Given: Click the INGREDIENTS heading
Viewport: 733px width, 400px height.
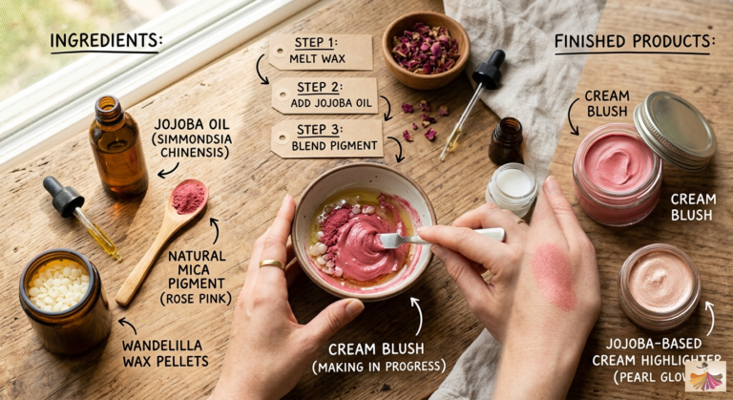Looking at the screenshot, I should (105, 41).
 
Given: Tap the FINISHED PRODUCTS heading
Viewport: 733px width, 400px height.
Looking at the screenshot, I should (635, 41).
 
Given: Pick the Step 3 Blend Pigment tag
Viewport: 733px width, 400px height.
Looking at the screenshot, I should (326, 137).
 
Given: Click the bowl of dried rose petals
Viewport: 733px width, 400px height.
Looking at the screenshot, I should (426, 50).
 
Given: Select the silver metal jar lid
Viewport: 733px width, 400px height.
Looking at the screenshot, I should (675, 129).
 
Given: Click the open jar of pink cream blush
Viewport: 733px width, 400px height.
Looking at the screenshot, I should (617, 172).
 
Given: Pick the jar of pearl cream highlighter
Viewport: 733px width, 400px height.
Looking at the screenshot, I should (660, 284).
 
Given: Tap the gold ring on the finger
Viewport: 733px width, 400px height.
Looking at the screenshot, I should (271, 264).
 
